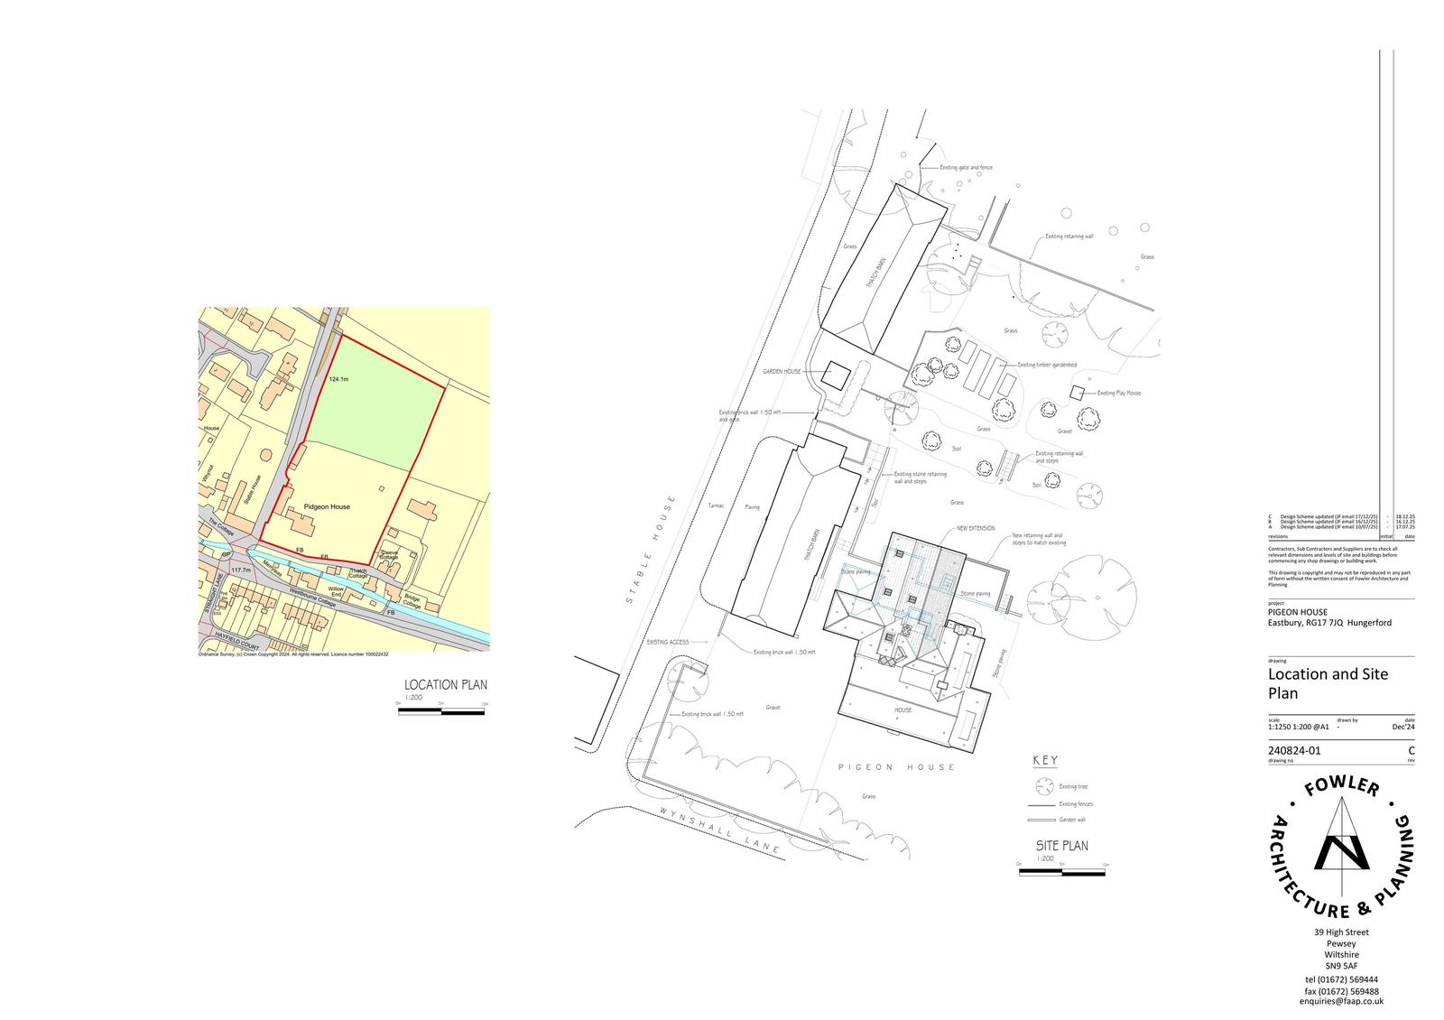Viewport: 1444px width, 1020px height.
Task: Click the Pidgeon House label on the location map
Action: point(327,506)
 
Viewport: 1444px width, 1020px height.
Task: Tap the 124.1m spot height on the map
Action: point(339,379)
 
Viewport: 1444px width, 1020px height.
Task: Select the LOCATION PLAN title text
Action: point(445,685)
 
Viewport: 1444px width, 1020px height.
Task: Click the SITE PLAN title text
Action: point(1061,846)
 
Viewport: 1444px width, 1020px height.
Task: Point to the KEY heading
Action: point(1044,760)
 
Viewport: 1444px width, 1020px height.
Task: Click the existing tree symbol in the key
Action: point(1044,785)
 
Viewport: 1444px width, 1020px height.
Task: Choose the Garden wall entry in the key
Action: point(1072,820)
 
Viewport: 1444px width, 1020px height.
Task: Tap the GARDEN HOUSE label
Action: point(782,371)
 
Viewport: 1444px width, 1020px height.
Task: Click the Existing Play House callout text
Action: point(1119,393)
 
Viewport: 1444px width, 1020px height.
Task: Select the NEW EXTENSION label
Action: point(976,528)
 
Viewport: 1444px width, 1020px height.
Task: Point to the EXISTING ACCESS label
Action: point(668,642)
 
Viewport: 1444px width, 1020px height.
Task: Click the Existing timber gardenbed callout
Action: point(1047,365)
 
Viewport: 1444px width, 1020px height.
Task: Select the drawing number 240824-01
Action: point(1294,750)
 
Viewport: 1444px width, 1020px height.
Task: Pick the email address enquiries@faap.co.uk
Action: point(1341,1001)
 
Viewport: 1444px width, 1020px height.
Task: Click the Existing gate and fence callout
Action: point(966,168)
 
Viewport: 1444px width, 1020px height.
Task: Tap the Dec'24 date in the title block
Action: point(1403,727)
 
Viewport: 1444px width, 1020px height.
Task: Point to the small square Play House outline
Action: point(1077,392)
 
